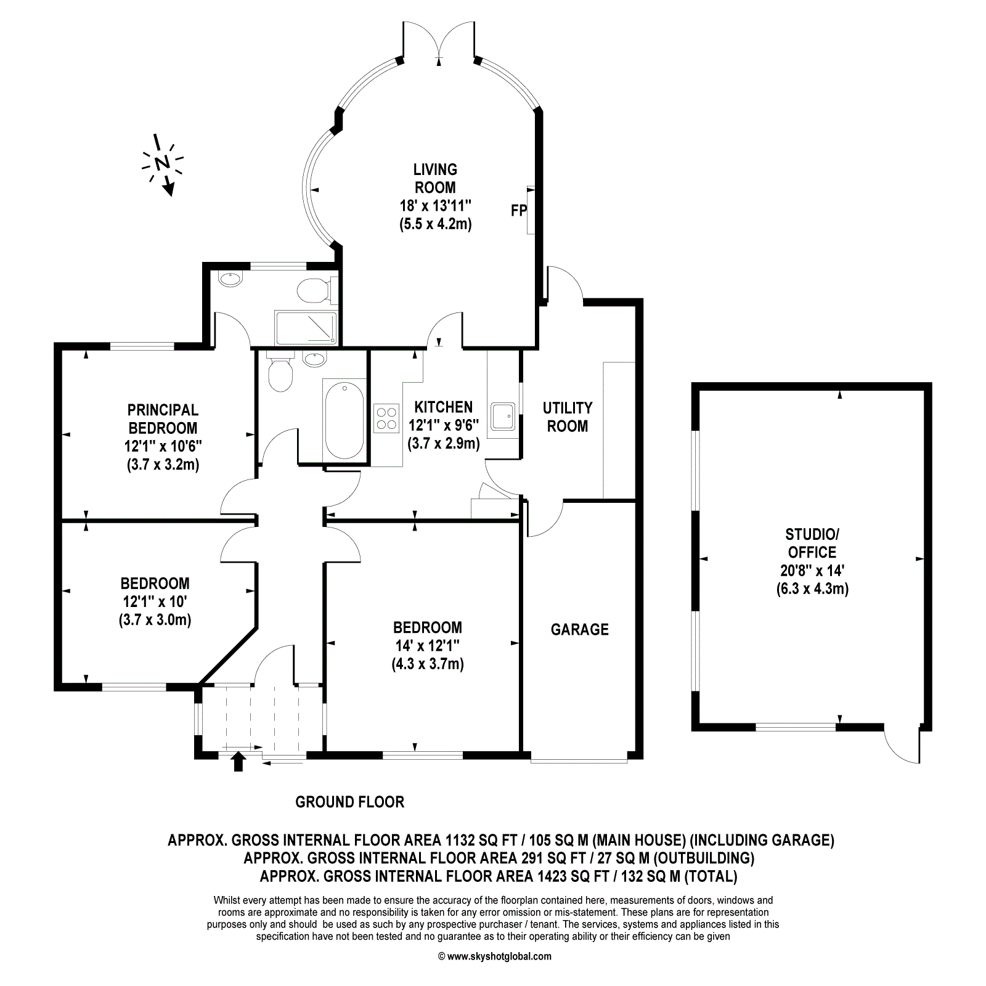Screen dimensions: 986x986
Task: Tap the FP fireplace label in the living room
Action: tap(519, 211)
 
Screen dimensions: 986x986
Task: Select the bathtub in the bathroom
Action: tap(344, 420)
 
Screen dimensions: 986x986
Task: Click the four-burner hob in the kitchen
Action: tap(386, 418)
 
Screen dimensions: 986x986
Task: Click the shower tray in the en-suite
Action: tap(306, 328)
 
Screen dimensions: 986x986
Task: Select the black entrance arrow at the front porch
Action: tap(238, 761)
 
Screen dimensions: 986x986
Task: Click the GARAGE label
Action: tap(579, 629)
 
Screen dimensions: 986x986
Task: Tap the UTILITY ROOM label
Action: tap(568, 417)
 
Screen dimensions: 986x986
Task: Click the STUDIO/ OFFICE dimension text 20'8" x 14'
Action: tap(812, 570)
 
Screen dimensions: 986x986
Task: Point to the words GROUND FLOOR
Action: tap(349, 802)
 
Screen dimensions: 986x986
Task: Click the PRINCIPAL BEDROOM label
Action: tap(163, 419)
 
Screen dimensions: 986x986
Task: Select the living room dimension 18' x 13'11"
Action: tap(435, 206)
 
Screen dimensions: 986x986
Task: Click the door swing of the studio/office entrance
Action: tap(902, 746)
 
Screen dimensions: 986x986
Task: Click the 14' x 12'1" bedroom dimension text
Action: tap(428, 646)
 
